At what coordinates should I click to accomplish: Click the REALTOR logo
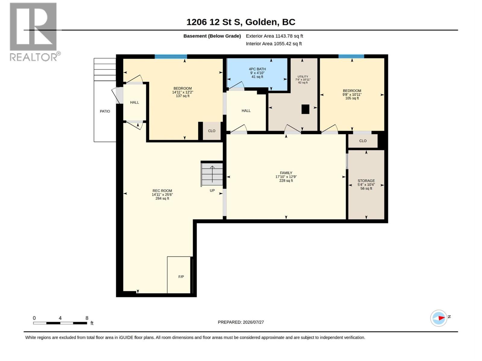click(35, 32)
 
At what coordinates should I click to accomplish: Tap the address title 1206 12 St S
click(214, 22)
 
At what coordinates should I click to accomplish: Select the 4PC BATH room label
click(257, 69)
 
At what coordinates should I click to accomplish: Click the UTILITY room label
click(303, 76)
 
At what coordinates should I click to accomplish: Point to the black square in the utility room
click(305, 109)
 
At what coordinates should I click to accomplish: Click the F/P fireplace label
click(181, 277)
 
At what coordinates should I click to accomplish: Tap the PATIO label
click(105, 111)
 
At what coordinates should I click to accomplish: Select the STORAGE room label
click(366, 180)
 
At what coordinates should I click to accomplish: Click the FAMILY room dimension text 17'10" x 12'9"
click(286, 177)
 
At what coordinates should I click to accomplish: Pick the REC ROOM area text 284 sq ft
click(162, 198)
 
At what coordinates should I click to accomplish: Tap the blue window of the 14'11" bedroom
click(171, 57)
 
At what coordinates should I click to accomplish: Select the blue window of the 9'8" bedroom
click(351, 56)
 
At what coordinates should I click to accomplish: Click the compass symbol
click(439, 318)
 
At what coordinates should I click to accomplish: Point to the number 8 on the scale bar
click(87, 318)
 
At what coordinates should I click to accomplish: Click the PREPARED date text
click(241, 322)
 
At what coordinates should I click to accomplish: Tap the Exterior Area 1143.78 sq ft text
click(274, 36)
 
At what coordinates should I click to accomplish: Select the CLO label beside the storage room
click(362, 141)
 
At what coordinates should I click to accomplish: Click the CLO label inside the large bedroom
click(211, 131)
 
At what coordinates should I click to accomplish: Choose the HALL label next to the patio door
click(134, 102)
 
